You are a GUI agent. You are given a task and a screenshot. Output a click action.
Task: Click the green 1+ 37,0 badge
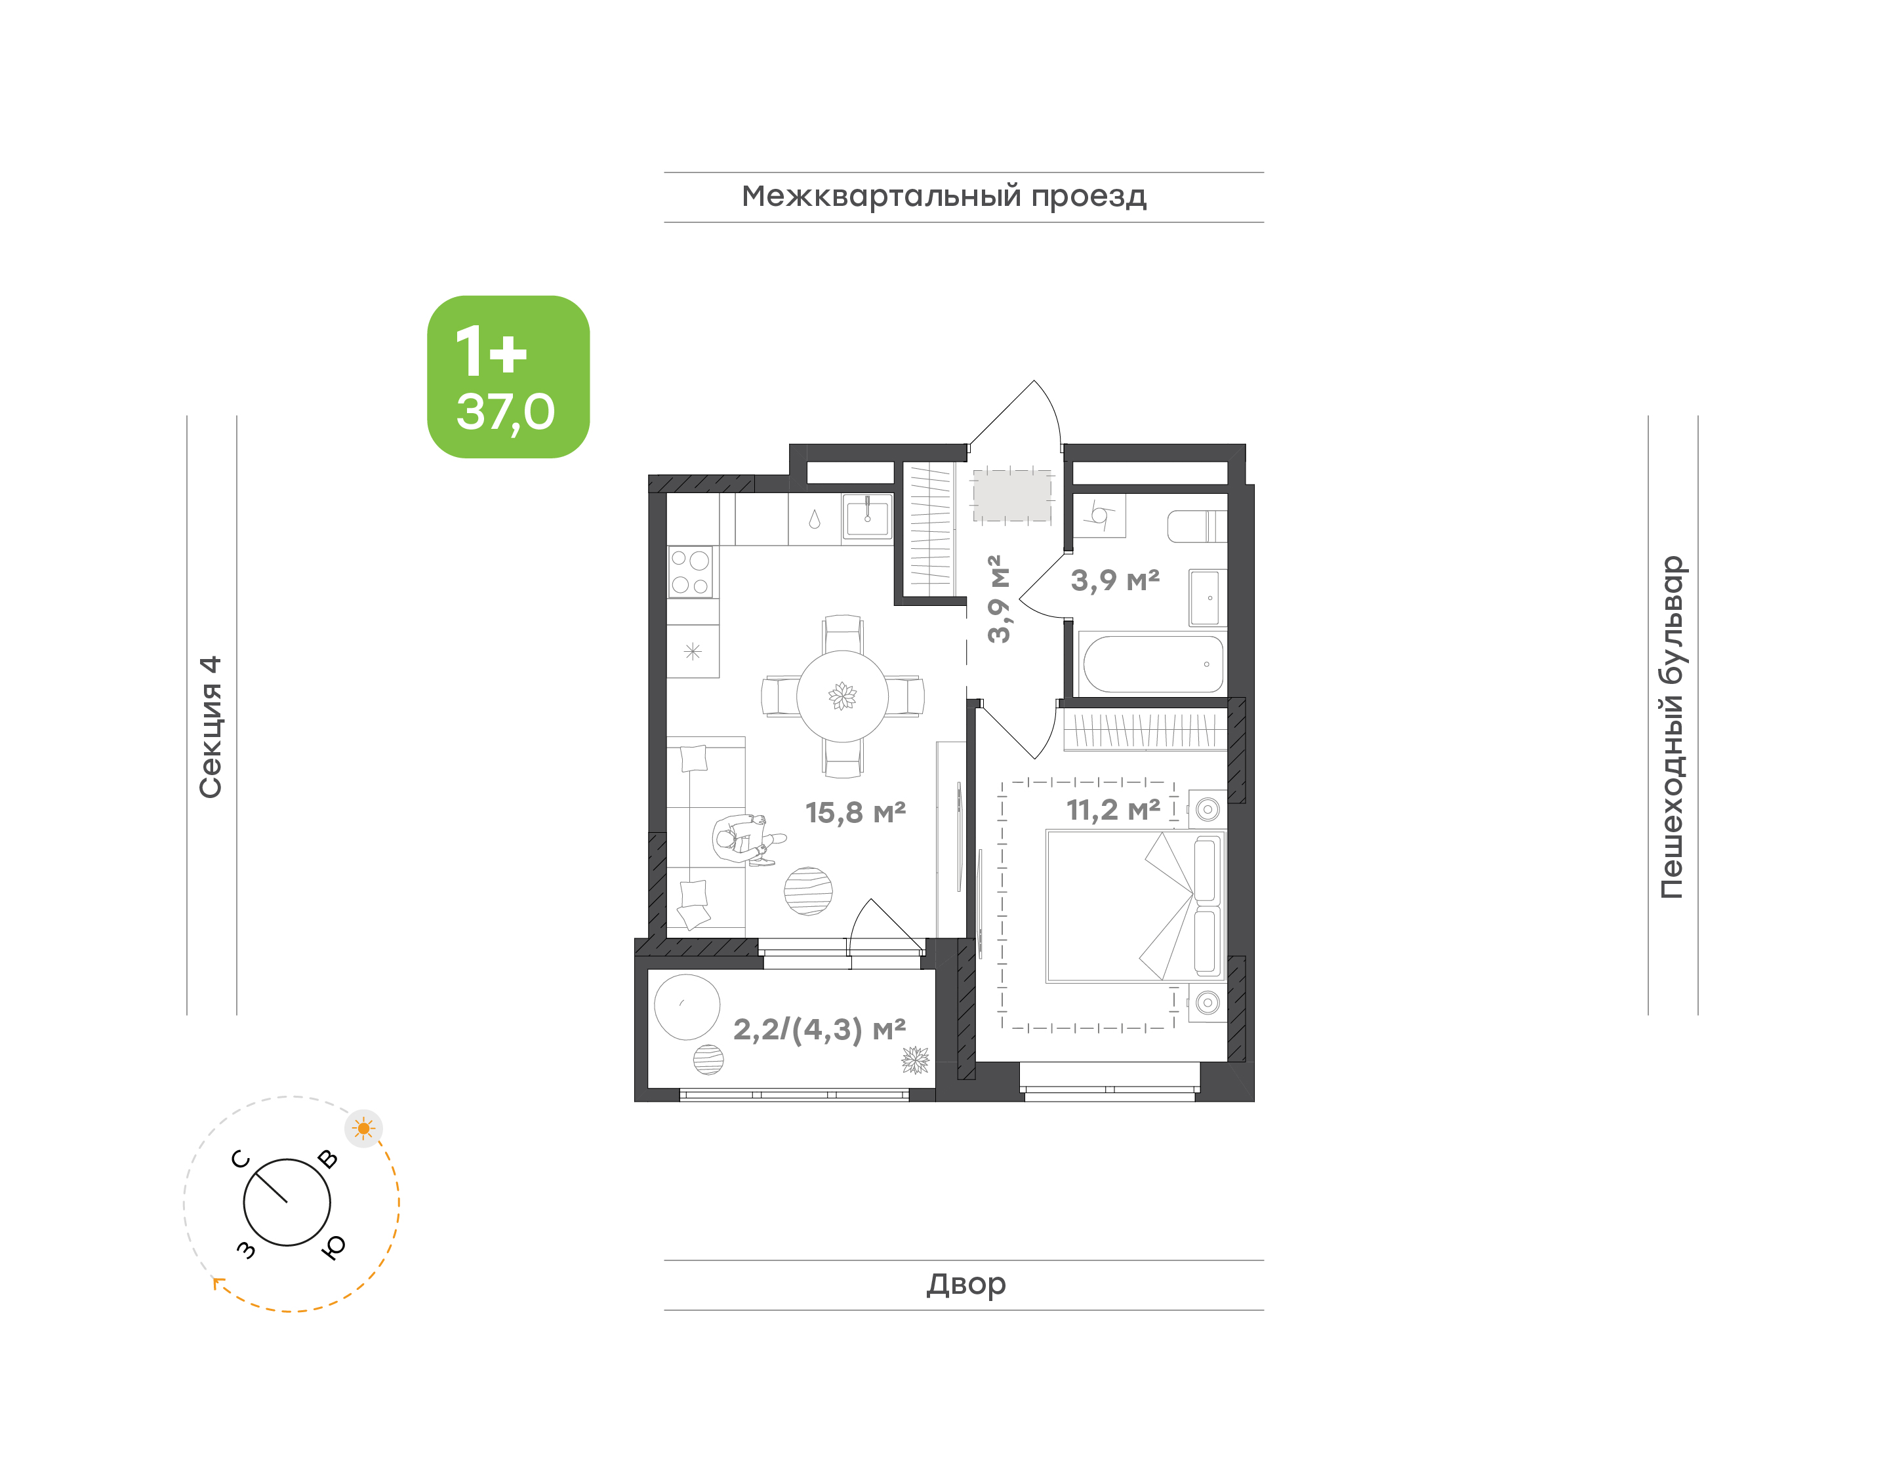click(508, 376)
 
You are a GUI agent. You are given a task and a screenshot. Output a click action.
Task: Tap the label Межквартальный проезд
click(943, 197)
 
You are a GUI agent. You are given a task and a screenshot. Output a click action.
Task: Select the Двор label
click(965, 1283)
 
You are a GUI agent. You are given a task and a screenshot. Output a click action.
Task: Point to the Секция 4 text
click(211, 727)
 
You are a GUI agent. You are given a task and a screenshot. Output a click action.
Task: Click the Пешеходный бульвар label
click(1671, 727)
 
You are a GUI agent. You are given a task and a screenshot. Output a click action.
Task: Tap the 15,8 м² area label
click(855, 812)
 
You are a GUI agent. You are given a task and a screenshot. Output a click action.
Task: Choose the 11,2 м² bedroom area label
click(1113, 810)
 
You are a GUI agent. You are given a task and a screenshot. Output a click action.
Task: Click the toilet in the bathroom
click(1198, 526)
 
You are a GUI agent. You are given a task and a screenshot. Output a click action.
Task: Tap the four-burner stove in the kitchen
click(691, 572)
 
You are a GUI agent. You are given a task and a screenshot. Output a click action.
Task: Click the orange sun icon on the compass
click(363, 1129)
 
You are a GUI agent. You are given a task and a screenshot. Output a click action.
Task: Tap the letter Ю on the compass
click(333, 1247)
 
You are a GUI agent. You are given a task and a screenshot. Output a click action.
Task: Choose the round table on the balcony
click(687, 1007)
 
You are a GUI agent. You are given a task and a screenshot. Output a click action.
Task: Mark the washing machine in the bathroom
click(1100, 515)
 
